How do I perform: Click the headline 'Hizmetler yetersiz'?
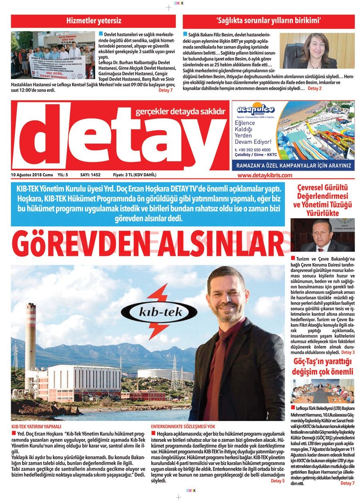94,21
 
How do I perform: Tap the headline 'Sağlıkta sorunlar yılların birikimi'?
268,21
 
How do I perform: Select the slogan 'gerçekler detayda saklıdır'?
181,112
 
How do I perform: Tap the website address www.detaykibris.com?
264,175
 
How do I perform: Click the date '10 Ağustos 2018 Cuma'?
32,175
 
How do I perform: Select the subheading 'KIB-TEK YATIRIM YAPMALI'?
36,427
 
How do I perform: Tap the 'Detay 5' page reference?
278,481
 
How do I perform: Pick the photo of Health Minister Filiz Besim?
317,50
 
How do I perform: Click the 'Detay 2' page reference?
315,88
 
